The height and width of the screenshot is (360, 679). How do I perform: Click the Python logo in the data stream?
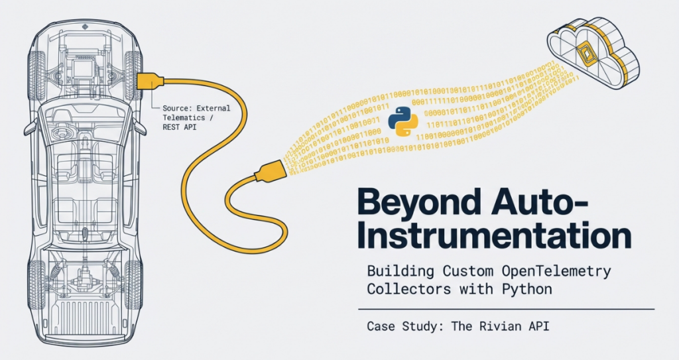[x=402, y=121]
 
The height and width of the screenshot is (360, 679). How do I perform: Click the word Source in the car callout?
[x=173, y=107]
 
